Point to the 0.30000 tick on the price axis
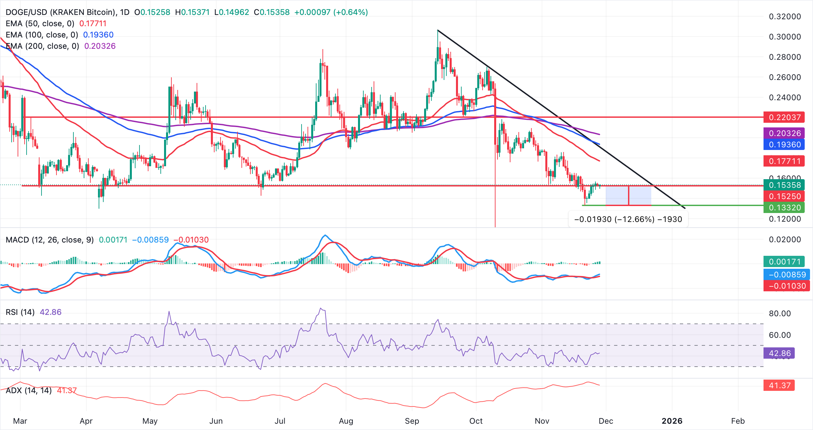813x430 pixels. tap(785, 37)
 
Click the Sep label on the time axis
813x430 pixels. tap(412, 421)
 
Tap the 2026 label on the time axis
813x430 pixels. tap(672, 421)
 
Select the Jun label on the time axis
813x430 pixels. tap(216, 421)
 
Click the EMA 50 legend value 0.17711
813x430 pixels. tap(93, 24)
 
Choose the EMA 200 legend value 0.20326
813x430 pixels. tap(100, 46)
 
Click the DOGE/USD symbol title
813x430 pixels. tap(60, 12)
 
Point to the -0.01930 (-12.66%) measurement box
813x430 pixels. tap(628, 219)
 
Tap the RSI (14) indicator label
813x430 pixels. tap(20, 312)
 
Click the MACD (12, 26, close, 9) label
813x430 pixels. tap(50, 240)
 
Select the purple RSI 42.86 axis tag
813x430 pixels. tap(779, 353)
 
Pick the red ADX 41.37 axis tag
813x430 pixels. tap(779, 386)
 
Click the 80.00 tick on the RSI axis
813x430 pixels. tap(780, 314)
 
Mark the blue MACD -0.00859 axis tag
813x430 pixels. tap(787, 275)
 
